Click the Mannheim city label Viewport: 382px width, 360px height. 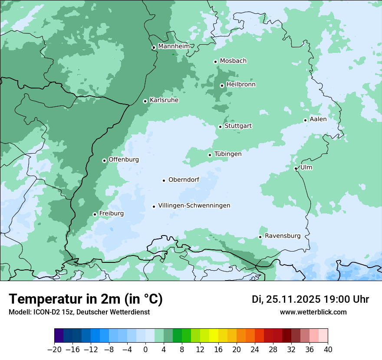[174, 46]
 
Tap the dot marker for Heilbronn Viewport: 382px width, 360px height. [222, 85]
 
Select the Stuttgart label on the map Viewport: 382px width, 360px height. [238, 126]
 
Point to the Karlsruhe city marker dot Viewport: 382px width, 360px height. [145, 101]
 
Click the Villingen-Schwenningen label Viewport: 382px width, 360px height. [194, 206]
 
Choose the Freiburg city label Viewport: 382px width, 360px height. [111, 213]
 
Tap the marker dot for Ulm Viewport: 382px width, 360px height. [296, 168]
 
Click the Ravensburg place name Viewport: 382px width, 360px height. [282, 236]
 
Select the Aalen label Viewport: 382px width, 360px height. [318, 119]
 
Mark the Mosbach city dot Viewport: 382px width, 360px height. [215, 62]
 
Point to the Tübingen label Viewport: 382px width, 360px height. [227, 154]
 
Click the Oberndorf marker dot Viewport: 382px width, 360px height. [164, 180]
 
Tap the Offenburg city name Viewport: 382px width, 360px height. [123, 160]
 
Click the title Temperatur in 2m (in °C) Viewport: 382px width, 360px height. [86, 299]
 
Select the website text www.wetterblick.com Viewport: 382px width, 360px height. [313, 312]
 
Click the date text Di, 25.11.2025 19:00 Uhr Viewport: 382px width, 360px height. [310, 299]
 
